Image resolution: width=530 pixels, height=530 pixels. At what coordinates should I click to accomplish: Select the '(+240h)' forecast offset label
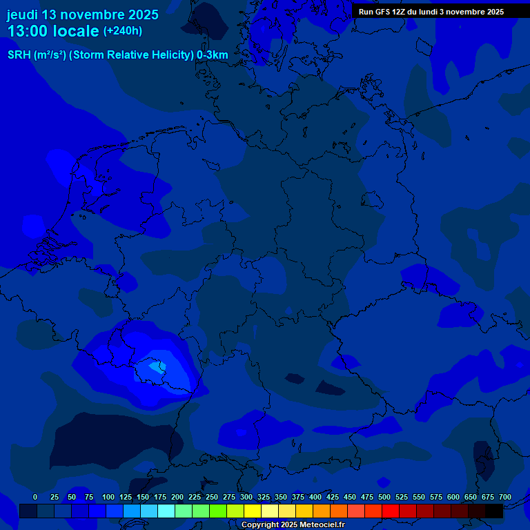[122, 31]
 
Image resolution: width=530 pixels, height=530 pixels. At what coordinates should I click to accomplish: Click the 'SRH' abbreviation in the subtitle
[19, 55]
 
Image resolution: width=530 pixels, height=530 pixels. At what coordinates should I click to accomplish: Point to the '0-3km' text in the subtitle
[213, 55]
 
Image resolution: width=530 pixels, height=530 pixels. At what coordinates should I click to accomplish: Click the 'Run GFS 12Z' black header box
[431, 12]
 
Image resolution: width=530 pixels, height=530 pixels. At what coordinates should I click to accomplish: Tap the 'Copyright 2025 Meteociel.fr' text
[293, 525]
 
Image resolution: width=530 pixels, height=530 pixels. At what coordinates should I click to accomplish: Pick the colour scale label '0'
[35, 497]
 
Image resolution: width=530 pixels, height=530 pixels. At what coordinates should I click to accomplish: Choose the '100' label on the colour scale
[108, 497]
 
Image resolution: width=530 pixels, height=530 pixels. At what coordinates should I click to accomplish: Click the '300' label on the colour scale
[246, 497]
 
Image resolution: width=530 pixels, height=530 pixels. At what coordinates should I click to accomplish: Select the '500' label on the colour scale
[384, 497]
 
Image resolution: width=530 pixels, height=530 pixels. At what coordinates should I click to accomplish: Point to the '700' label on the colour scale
[505, 497]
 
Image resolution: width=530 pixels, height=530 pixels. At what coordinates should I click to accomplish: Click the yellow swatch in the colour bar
[253, 511]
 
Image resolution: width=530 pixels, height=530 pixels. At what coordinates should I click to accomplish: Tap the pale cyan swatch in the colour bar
[166, 511]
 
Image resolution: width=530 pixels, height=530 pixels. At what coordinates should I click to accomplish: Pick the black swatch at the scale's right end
[494, 511]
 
